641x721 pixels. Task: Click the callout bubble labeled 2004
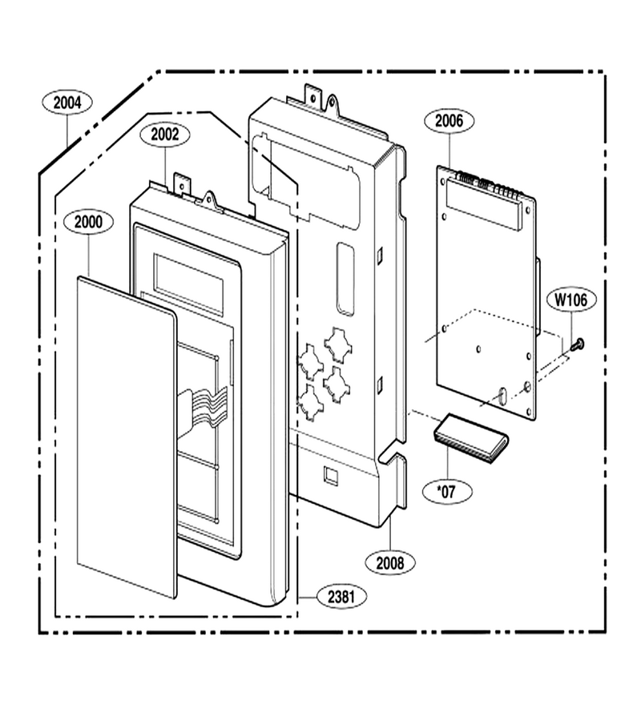[67, 103]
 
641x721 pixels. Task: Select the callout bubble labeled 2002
[164, 135]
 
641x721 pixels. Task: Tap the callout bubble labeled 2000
[88, 222]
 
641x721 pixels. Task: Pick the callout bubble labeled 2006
[449, 121]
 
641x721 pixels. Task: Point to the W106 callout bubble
[571, 300]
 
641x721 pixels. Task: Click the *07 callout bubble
[447, 492]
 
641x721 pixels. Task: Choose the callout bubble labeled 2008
[390, 562]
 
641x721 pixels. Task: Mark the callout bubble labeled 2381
[341, 597]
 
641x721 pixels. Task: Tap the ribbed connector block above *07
[470, 437]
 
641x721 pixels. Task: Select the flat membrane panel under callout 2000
[127, 437]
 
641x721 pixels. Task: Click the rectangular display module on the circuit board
[484, 204]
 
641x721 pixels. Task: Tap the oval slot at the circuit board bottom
[502, 396]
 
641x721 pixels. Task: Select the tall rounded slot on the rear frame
[346, 279]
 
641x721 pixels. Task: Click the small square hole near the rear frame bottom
[332, 475]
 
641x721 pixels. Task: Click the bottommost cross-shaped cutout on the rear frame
[311, 402]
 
